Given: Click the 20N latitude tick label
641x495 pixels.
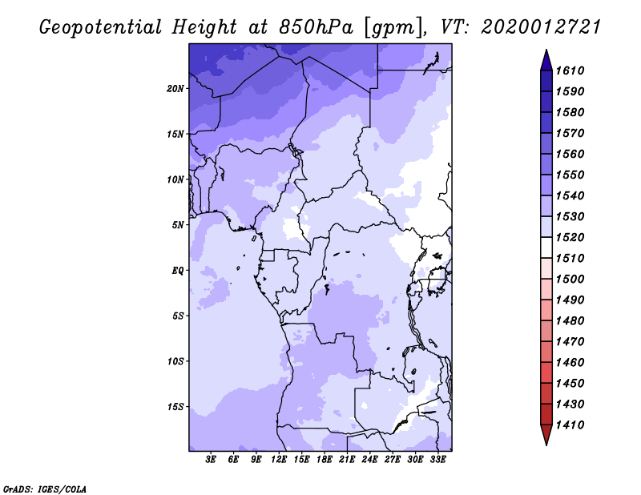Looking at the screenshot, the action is pyautogui.click(x=175, y=89).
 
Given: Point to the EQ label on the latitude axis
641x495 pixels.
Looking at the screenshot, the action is pyautogui.click(x=177, y=271).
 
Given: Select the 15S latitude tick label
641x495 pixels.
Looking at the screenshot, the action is pyautogui.click(x=175, y=407).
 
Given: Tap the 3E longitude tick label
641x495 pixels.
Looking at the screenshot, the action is pyautogui.click(x=211, y=460).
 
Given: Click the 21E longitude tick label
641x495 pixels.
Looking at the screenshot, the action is pyautogui.click(x=347, y=460).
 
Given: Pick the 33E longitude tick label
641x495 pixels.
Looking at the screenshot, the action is pyautogui.click(x=437, y=460).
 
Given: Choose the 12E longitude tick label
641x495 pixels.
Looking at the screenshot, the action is pyautogui.click(x=279, y=460).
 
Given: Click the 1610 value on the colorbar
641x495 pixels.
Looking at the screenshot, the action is pyautogui.click(x=570, y=70).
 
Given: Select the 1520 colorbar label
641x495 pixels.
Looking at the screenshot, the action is pyautogui.click(x=570, y=237).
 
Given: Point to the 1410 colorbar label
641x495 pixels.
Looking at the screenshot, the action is pyautogui.click(x=570, y=425).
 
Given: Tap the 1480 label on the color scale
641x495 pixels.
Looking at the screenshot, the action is pyautogui.click(x=570, y=321).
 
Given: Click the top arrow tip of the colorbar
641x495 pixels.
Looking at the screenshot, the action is pyautogui.click(x=546, y=50).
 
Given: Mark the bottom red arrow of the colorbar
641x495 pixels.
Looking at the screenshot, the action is pyautogui.click(x=546, y=435).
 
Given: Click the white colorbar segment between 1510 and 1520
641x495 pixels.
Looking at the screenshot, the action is pyautogui.click(x=546, y=247).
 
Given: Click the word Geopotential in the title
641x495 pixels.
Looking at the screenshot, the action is pyautogui.click(x=101, y=28).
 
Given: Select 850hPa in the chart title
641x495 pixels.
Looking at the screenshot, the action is pyautogui.click(x=316, y=27).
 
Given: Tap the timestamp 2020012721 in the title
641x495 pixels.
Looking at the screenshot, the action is pyautogui.click(x=541, y=27).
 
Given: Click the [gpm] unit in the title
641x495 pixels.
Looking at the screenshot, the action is pyautogui.click(x=393, y=28).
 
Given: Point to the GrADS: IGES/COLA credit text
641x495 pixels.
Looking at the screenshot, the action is pyautogui.click(x=45, y=489).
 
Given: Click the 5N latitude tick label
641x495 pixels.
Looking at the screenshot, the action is pyautogui.click(x=177, y=225).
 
